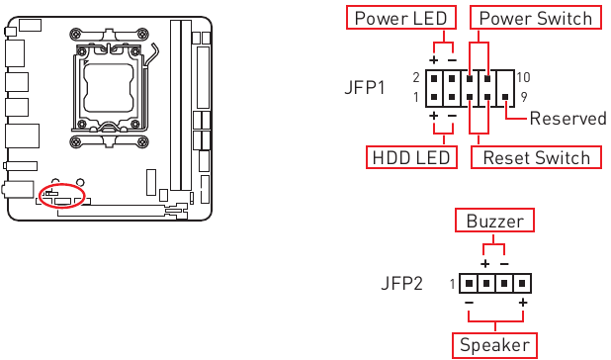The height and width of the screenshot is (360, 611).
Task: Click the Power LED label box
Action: click(x=400, y=18)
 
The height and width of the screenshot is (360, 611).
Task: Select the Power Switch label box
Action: click(x=534, y=18)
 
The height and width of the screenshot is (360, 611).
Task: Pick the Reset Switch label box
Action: click(x=536, y=158)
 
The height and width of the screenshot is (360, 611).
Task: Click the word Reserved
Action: click(x=567, y=119)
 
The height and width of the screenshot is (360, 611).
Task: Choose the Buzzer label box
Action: click(x=494, y=221)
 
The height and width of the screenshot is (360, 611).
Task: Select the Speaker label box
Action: click(x=494, y=345)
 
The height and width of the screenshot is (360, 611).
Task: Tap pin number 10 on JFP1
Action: click(x=523, y=77)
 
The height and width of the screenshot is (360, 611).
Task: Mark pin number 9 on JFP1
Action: click(x=524, y=97)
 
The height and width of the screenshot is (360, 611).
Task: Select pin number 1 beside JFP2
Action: click(x=452, y=284)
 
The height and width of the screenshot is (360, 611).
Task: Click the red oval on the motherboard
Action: click(x=64, y=194)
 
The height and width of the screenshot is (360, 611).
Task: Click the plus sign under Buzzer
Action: click(x=484, y=264)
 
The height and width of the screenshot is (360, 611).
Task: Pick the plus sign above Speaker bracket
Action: click(x=521, y=302)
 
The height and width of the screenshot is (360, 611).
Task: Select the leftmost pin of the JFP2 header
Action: click(x=468, y=283)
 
